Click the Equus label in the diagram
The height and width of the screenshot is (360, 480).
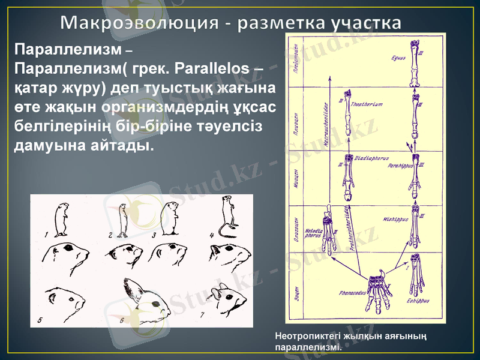click(397, 59)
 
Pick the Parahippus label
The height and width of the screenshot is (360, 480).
click(401, 164)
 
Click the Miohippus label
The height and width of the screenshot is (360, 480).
click(394, 219)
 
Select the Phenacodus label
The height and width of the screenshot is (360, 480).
click(352, 293)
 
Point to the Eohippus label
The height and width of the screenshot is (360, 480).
click(416, 300)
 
